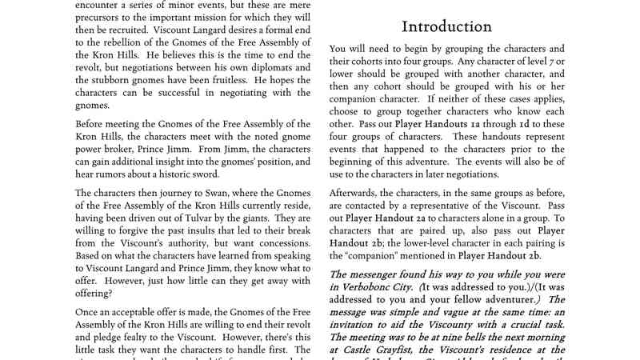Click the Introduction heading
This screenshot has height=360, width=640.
coord(446,26)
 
